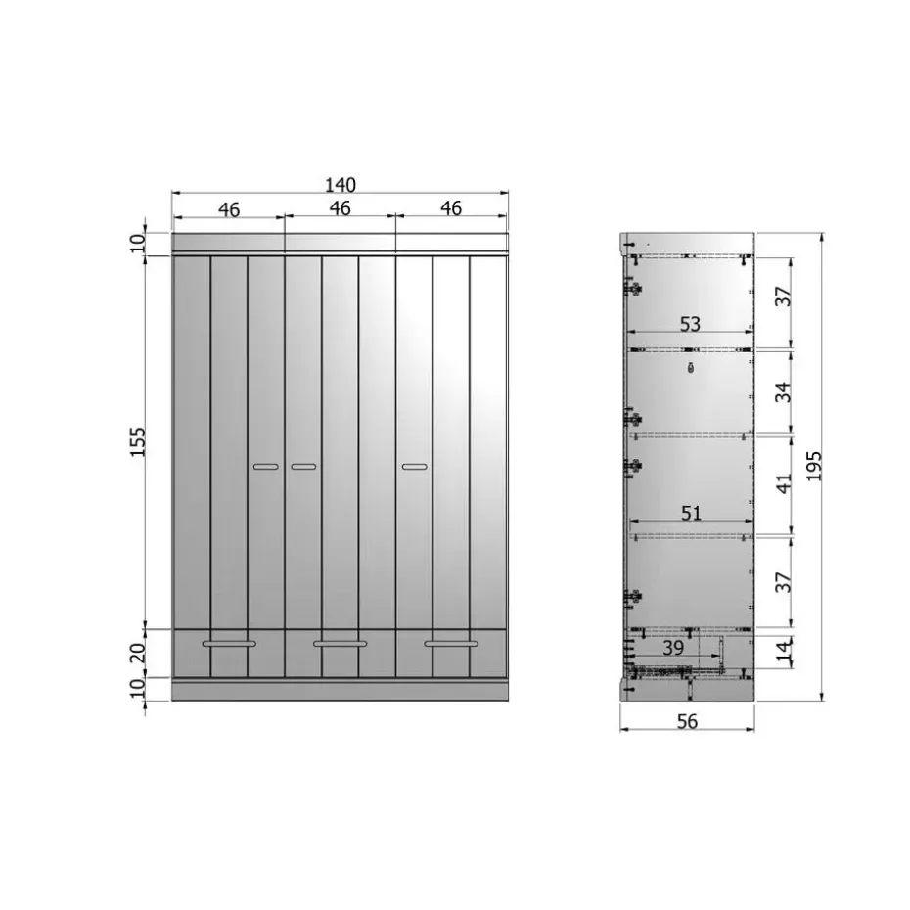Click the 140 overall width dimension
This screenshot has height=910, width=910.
click(341, 185)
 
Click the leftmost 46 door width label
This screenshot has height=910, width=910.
click(229, 209)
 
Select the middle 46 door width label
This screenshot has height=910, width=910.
click(341, 207)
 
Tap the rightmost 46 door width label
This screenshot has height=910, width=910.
click(451, 207)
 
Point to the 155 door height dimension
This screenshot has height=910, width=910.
click(138, 441)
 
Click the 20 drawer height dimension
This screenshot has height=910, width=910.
click(138, 654)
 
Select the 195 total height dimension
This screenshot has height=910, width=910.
click(814, 466)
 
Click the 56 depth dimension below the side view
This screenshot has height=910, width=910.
click(687, 721)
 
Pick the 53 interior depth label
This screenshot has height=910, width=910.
click(690, 324)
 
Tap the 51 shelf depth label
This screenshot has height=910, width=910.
click(691, 513)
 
